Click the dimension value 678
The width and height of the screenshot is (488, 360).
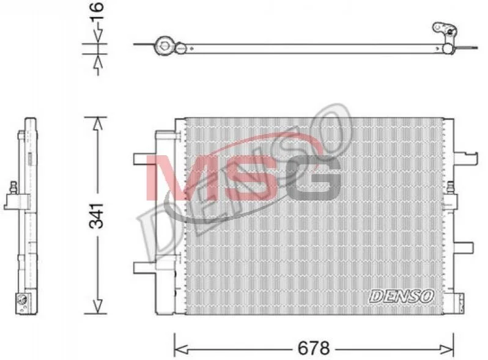(x=313, y=348)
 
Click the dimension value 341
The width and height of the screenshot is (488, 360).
(x=96, y=216)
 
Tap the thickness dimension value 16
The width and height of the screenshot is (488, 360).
(x=97, y=12)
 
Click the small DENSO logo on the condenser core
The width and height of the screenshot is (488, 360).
(x=401, y=296)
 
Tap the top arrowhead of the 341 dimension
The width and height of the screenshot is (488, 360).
(x=98, y=124)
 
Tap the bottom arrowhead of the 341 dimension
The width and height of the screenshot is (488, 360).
(x=98, y=306)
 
